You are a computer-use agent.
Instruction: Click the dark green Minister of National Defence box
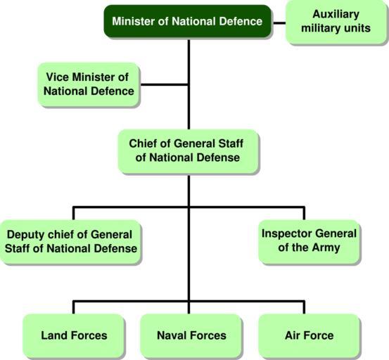click(x=188, y=21)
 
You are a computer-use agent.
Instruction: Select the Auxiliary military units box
click(x=336, y=22)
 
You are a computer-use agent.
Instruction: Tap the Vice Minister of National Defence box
click(x=89, y=84)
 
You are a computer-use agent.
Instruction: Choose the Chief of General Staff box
click(x=188, y=150)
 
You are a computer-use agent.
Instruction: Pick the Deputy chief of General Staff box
click(x=70, y=241)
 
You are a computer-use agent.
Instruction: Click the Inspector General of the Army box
click(x=309, y=241)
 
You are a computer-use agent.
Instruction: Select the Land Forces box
click(x=74, y=335)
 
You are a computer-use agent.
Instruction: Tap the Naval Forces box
click(x=191, y=335)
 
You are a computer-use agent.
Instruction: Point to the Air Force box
click(x=309, y=335)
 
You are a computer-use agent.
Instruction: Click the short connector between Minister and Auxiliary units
click(x=279, y=23)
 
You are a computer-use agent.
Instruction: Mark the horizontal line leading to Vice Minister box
click(x=164, y=85)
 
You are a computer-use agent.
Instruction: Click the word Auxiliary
click(x=336, y=14)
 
